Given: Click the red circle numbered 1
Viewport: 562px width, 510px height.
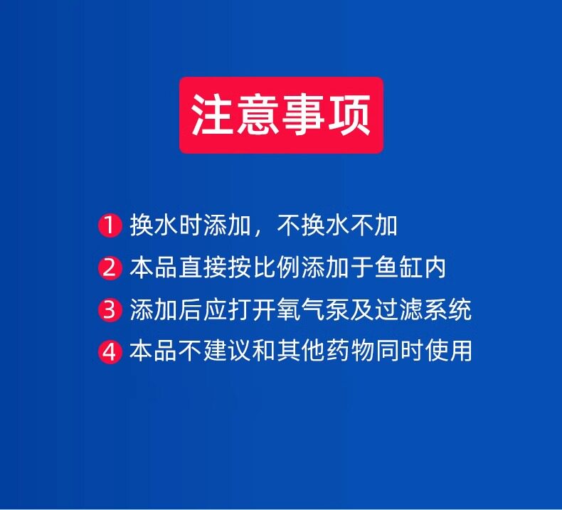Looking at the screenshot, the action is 110,225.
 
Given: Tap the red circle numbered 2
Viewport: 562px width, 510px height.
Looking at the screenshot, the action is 110,267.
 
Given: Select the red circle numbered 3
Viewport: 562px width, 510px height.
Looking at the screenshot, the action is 110,309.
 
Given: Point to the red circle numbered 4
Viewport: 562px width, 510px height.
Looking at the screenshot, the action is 110,351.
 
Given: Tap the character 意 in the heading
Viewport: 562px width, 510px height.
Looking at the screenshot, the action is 258,115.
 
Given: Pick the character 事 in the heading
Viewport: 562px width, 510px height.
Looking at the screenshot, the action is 304,115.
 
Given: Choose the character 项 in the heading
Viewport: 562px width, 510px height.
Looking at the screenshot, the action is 349,115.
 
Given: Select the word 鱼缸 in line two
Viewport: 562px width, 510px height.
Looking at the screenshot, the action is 398,267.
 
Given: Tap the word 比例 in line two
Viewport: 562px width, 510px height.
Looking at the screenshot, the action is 275,267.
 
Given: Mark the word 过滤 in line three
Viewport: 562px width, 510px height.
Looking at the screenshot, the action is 398,309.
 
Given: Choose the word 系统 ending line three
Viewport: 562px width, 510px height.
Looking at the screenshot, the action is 447,309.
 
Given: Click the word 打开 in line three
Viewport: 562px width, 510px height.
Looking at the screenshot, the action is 251,309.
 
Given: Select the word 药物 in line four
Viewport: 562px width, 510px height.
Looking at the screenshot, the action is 349,351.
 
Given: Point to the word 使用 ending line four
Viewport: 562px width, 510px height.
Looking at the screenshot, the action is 448,351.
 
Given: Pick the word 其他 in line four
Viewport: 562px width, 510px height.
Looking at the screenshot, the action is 300,351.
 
